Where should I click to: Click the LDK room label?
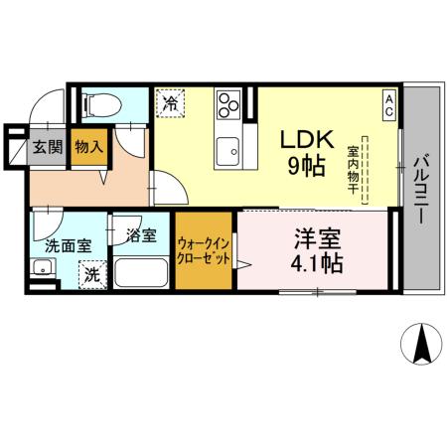(305, 140)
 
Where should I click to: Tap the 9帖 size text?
(305, 167)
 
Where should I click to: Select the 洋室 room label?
(318, 239)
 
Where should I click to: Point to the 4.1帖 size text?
(318, 265)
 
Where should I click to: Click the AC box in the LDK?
(390, 104)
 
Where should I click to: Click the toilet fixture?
(100, 104)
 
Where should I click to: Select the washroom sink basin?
(44, 268)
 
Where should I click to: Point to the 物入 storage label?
(89, 147)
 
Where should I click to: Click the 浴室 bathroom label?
(141, 235)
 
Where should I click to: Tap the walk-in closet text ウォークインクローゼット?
(206, 249)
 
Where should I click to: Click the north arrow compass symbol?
(420, 344)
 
